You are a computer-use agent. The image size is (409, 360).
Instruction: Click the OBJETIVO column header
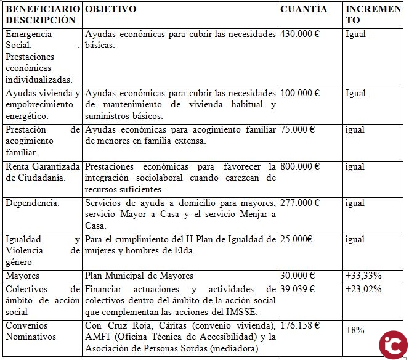click(111, 9)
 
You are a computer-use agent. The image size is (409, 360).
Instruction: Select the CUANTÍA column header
click(304, 9)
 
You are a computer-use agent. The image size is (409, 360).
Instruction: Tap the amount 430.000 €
click(300, 34)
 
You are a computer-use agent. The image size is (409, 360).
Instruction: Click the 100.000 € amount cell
click(300, 93)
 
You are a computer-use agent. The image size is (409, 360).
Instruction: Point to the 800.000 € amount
click(300, 166)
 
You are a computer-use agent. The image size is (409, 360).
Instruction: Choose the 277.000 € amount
click(300, 203)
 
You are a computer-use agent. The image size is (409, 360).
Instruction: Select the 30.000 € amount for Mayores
click(298, 276)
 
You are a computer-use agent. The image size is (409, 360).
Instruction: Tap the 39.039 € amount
click(298, 288)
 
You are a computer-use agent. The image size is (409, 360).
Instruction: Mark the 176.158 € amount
click(300, 325)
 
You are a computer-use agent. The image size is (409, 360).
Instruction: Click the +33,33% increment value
click(363, 276)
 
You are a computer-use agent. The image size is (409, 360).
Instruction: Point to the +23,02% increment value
click(363, 288)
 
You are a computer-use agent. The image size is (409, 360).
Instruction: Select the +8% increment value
click(355, 330)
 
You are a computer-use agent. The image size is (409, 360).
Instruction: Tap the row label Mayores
click(23, 276)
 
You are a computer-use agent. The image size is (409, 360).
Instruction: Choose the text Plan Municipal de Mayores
click(139, 276)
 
